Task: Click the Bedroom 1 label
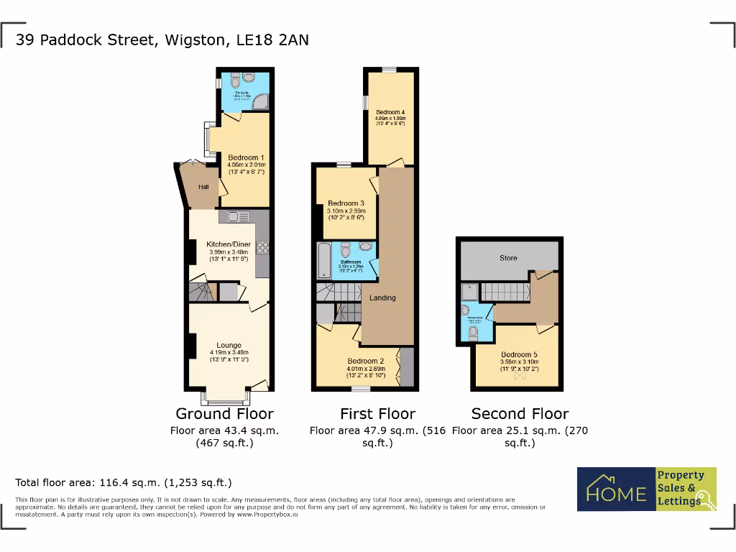(x=246, y=157)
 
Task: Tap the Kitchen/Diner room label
(x=229, y=244)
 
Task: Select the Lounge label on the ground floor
(x=229, y=345)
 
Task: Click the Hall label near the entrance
(x=203, y=187)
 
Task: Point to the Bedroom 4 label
(x=390, y=112)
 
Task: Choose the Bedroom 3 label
(x=346, y=203)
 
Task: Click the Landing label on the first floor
(x=382, y=298)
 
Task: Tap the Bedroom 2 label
(x=366, y=361)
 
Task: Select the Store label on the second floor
(x=508, y=258)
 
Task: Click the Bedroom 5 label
(x=519, y=354)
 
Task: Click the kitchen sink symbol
(x=238, y=216)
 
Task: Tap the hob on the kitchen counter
(x=262, y=248)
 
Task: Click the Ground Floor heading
(x=224, y=414)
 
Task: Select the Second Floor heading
(x=520, y=414)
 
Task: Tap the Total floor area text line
(x=124, y=483)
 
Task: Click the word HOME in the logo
(x=616, y=494)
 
